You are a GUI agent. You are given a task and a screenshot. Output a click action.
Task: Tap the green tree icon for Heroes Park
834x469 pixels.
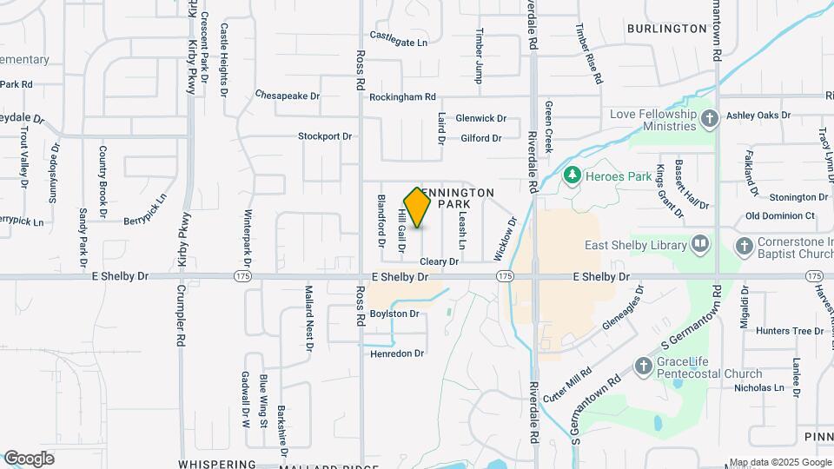572,176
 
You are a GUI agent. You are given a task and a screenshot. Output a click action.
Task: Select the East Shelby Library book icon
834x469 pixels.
700,245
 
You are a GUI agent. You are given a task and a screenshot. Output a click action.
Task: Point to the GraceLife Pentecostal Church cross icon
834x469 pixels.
644,367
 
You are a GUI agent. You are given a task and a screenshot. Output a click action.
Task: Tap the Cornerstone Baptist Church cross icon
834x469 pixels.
744,246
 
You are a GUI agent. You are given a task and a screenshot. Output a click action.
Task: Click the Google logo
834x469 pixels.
29,458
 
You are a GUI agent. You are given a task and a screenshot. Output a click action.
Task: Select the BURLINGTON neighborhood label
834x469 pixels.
667,29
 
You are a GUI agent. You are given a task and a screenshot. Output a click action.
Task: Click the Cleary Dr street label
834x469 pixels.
438,261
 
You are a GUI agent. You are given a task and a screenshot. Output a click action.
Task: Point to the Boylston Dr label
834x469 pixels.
394,314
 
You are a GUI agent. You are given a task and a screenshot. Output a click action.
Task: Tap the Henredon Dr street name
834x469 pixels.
397,353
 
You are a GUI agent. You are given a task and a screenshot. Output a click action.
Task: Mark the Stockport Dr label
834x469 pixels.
325,136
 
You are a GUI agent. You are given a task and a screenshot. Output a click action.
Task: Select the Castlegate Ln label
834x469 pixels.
399,42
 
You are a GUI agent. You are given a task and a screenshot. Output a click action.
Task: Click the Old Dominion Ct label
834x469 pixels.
780,215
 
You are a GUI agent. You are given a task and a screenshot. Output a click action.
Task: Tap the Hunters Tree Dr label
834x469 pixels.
789,331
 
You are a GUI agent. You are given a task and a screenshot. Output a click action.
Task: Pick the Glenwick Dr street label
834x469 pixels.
480,118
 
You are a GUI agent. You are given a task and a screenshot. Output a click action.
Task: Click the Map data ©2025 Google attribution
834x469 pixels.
779,462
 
